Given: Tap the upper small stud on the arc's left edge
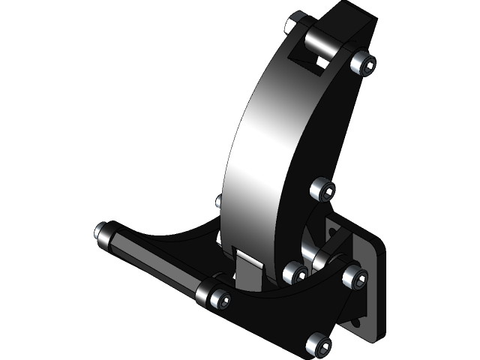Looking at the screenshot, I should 219,201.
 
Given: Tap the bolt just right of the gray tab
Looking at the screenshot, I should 293,273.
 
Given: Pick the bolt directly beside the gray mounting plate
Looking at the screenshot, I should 355,278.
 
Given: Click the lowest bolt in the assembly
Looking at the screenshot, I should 318,345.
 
